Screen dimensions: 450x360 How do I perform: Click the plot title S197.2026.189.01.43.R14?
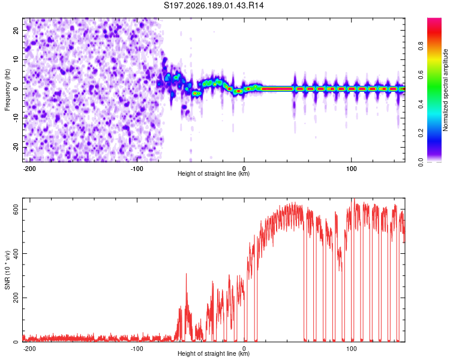click(214, 5)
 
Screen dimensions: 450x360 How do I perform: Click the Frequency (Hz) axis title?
click(7, 90)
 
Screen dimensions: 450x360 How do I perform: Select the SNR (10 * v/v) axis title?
click(7, 270)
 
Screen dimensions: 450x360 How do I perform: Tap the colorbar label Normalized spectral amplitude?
click(445, 89)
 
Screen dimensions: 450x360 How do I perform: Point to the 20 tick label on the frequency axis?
click(16, 31)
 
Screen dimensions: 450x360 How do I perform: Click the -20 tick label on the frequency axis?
click(16, 148)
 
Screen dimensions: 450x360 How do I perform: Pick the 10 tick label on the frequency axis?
click(16, 59)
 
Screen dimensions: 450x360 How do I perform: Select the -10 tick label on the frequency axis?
click(16, 118)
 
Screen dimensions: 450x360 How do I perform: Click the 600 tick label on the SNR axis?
click(16, 209)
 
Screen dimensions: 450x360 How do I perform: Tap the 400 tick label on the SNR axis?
click(16, 253)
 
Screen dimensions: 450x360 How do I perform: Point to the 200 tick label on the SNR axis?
click(16, 298)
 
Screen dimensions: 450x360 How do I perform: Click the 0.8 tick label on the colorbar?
click(421, 46)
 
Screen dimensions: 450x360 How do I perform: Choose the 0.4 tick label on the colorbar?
click(421, 104)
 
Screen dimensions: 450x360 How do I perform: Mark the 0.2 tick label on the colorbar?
click(421, 133)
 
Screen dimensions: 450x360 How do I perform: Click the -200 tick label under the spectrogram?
click(29, 169)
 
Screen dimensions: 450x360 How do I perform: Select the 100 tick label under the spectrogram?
click(351, 169)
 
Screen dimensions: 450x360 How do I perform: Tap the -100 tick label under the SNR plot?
click(137, 349)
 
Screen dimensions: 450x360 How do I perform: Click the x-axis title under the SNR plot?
click(214, 353)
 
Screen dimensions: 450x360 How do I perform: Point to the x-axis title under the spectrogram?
click(214, 173)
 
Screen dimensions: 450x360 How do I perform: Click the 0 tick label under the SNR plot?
click(244, 349)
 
